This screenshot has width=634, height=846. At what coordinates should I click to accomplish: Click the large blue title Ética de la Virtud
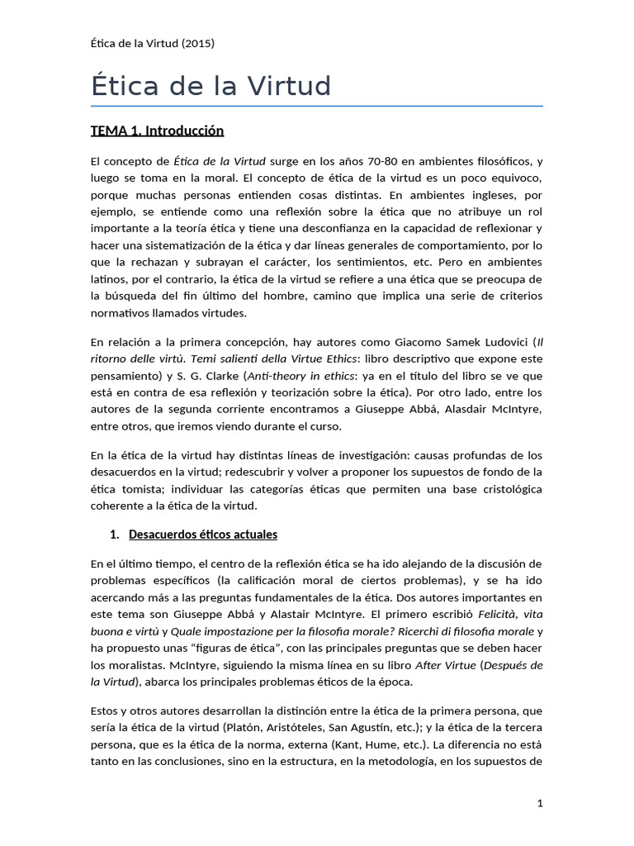click(x=211, y=86)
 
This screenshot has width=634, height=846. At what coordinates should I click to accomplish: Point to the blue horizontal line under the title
click(x=317, y=107)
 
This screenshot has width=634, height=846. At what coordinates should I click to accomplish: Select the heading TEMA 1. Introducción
click(x=157, y=131)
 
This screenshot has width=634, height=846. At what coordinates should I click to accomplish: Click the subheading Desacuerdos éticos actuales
click(x=203, y=535)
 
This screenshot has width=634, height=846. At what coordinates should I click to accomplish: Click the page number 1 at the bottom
click(x=539, y=802)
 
